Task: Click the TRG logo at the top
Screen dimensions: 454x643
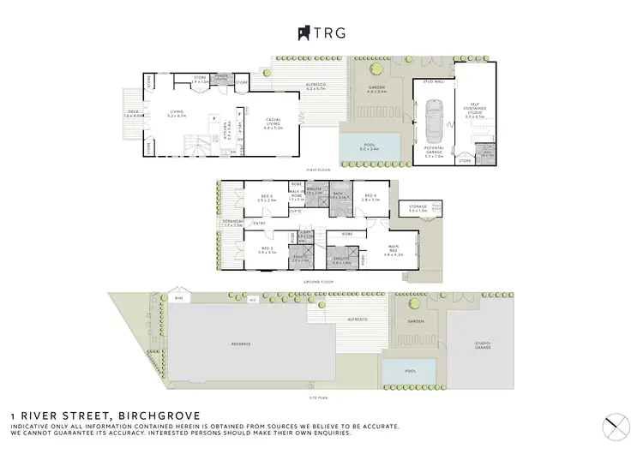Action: [x=321, y=33]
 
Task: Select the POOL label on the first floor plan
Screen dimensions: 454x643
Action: [x=370, y=148]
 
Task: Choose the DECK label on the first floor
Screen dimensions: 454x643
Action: [x=132, y=113]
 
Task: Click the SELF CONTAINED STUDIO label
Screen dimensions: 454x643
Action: [x=474, y=109]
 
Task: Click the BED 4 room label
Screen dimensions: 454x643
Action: [x=370, y=197]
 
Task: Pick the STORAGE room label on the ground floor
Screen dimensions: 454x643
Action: [x=418, y=207]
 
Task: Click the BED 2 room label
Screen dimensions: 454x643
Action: [x=266, y=250]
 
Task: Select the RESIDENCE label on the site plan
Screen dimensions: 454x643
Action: [x=240, y=343]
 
